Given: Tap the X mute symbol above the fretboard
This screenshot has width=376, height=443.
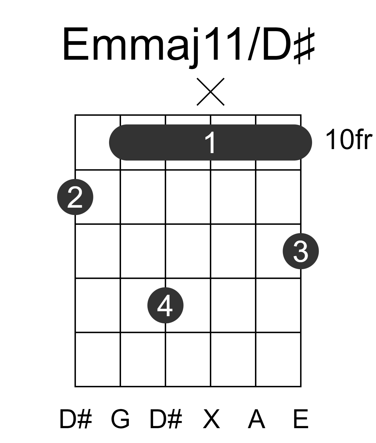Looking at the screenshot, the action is coord(211,92).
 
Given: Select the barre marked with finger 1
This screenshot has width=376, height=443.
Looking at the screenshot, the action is coord(210,142).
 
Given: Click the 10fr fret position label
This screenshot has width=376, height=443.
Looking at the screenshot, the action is coord(349,140).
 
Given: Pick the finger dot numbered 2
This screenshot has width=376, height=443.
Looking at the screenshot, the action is coord(75,197).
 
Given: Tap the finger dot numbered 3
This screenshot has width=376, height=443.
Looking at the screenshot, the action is coord(301,251).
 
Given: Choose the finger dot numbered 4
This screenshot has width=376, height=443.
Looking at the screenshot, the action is coord(165,305).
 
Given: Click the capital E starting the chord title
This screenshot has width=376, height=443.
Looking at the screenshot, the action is coord(76,44).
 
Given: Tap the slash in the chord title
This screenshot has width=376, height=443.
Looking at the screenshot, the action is coord(254,44).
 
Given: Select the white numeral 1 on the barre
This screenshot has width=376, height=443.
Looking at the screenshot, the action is coord(210,142).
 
